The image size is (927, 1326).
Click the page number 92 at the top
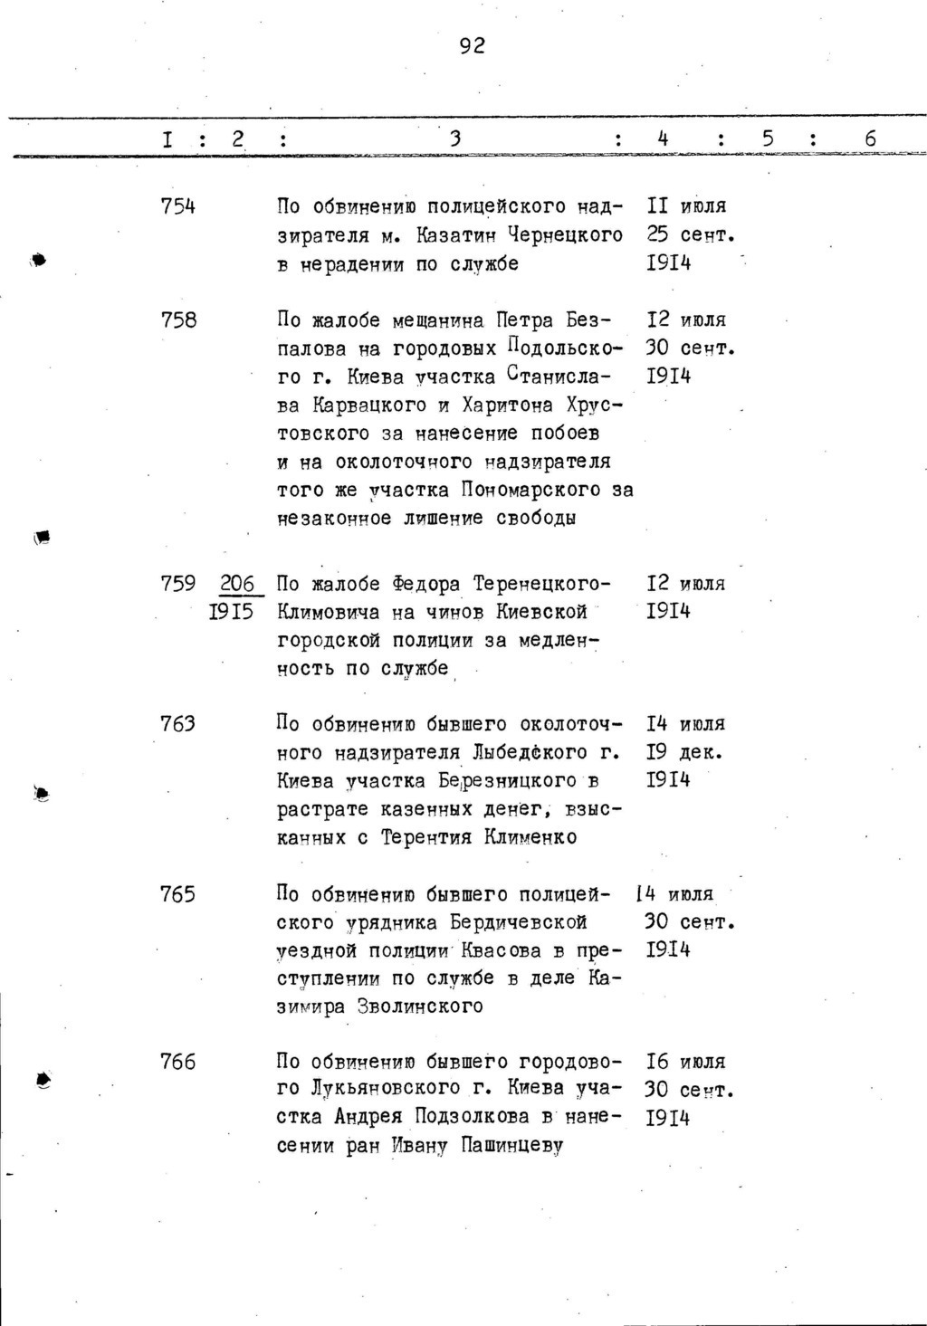pyautogui.click(x=472, y=46)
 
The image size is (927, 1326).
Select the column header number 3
pyautogui.click(x=455, y=139)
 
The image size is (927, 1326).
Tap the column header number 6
pyautogui.click(x=870, y=139)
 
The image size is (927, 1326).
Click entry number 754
pyautogui.click(x=177, y=207)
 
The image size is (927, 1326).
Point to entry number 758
pyautogui.click(x=177, y=320)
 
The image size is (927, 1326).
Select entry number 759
pyautogui.click(x=177, y=584)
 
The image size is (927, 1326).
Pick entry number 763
pyautogui.click(x=177, y=724)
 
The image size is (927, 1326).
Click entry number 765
pyautogui.click(x=177, y=894)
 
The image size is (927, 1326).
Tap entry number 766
pyautogui.click(x=177, y=1062)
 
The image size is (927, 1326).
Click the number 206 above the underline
pyautogui.click(x=236, y=584)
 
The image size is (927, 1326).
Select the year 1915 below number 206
pyautogui.click(x=231, y=613)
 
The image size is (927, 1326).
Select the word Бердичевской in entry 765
pyautogui.click(x=518, y=922)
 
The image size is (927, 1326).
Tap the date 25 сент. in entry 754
pyautogui.click(x=690, y=236)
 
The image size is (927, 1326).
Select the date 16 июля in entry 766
pyautogui.click(x=686, y=1062)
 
